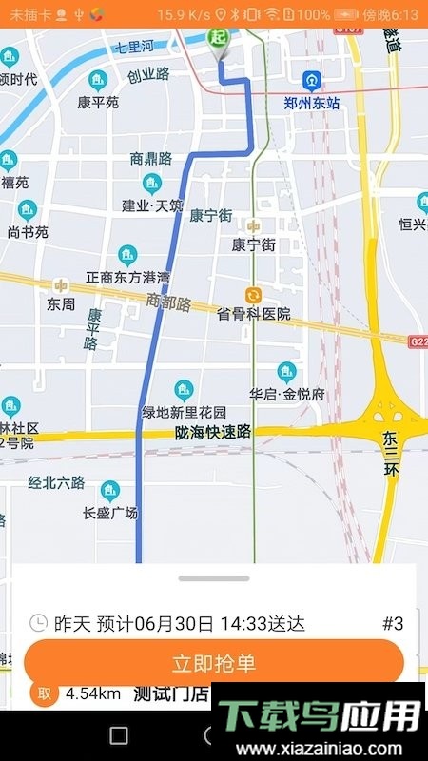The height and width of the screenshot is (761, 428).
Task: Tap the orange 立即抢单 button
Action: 214,663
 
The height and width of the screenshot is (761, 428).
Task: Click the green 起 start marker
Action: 219,38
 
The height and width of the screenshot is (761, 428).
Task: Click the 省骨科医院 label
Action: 253,314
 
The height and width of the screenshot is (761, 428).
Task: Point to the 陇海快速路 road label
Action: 213,433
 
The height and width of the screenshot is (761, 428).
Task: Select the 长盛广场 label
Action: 110,513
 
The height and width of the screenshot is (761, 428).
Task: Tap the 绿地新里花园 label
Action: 185,412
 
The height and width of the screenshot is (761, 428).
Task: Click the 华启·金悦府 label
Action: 287,393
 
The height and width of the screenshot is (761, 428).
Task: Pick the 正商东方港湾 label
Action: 127,278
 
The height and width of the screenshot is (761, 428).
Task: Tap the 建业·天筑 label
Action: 152,205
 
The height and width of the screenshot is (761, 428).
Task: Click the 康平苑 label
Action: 99,102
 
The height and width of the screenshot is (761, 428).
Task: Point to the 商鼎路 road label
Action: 151,158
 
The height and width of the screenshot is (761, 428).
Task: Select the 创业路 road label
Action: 148,73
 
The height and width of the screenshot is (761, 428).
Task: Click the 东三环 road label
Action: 392,453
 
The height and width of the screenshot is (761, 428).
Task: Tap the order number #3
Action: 393,624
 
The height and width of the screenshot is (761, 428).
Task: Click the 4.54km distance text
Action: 92,693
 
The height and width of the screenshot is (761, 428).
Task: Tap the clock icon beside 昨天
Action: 38,624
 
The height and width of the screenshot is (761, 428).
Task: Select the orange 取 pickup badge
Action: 43,693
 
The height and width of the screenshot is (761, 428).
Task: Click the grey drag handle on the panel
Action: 214,577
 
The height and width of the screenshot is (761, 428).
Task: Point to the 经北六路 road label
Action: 56,482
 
